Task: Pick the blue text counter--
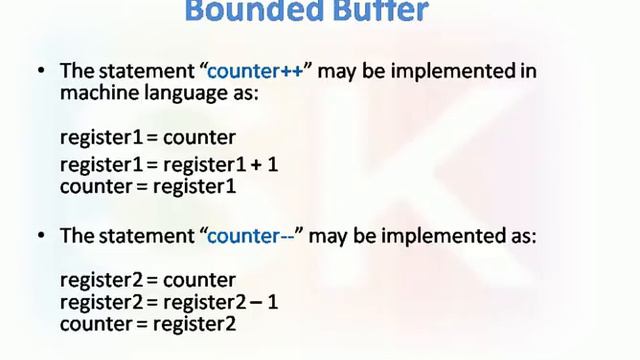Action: (254, 236)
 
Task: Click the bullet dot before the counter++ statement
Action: (41, 72)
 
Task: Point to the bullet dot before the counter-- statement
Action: (41, 237)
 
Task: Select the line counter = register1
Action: (147, 186)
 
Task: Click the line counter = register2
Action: (148, 324)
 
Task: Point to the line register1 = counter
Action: (147, 137)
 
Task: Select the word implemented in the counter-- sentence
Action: (442, 237)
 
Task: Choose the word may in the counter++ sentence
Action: (332, 71)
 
